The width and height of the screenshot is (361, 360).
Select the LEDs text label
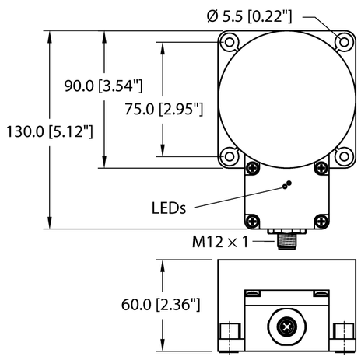pos(169,208)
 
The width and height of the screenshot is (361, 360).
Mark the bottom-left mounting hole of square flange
pos(230,156)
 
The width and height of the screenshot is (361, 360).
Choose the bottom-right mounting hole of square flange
pos(340,156)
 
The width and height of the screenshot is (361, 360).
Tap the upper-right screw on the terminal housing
pos(317,166)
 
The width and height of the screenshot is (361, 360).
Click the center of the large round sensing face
pos(285,99)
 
